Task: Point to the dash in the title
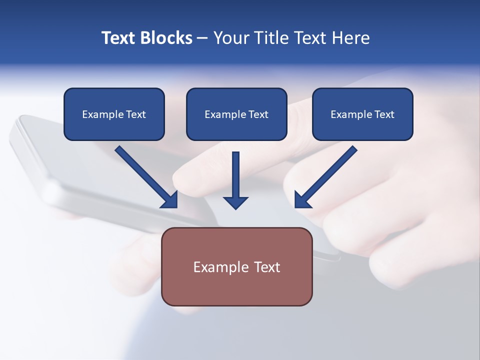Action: tap(202, 38)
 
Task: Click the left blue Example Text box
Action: tap(114, 114)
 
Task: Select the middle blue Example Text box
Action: tap(236, 114)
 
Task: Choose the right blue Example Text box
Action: tap(362, 114)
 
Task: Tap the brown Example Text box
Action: tap(236, 266)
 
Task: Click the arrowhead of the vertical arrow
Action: tap(235, 202)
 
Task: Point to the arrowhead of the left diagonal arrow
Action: tap(170, 200)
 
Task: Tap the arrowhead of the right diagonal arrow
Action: tap(302, 200)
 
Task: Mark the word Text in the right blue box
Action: tap(384, 114)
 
